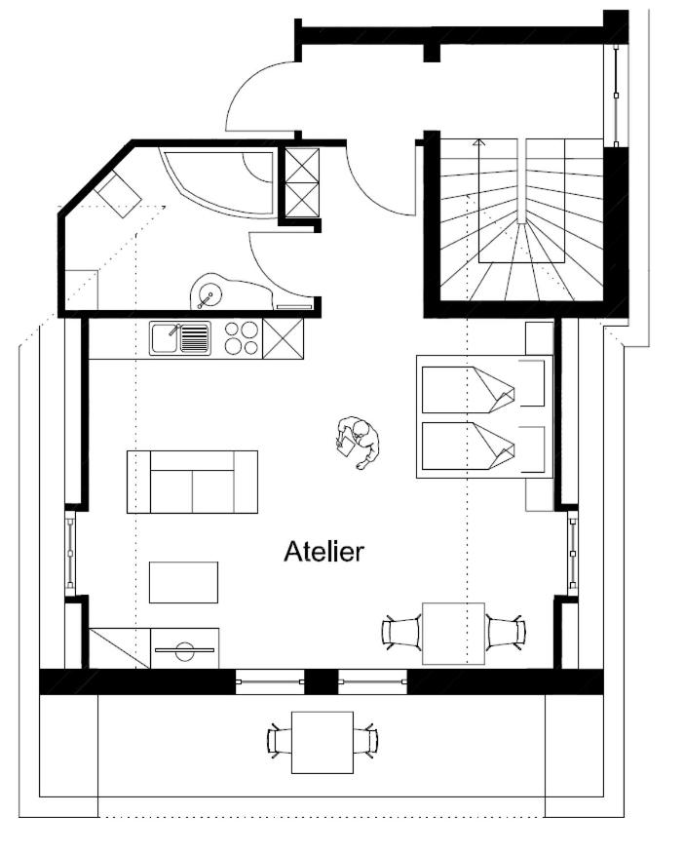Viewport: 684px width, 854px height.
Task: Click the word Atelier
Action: [x=323, y=551]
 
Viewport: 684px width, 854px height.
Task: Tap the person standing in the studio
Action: [x=358, y=443]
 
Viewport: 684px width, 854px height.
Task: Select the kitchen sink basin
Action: [x=165, y=337]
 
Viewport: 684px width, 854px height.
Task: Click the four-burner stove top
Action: [x=242, y=337]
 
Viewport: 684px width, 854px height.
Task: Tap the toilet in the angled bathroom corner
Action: [x=119, y=194]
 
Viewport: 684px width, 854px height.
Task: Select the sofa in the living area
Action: [x=192, y=482]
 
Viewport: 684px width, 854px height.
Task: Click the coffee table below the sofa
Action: [x=184, y=582]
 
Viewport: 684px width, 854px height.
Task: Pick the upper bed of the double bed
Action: [x=482, y=389]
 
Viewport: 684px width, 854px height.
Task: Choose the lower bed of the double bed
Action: [x=482, y=446]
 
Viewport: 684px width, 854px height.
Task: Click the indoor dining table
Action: [x=454, y=634]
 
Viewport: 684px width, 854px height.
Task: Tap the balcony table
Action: [x=323, y=742]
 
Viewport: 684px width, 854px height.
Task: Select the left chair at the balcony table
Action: [x=280, y=741]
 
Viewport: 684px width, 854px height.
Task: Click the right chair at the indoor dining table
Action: [x=506, y=632]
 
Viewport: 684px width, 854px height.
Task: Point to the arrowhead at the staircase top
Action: [x=478, y=143]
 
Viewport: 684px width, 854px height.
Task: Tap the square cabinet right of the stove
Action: [x=283, y=338]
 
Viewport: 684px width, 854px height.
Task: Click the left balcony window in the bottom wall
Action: [x=269, y=681]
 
